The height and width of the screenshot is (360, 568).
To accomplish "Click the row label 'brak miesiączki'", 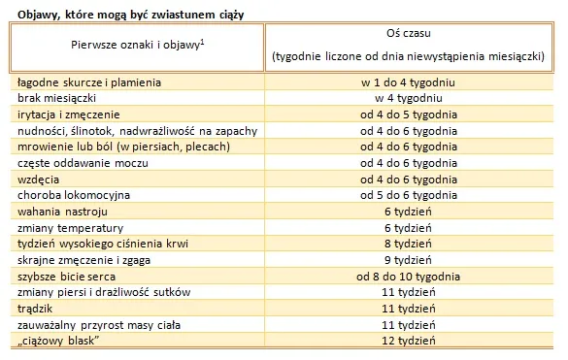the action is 58,98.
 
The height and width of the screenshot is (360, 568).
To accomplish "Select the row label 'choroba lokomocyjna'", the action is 74,194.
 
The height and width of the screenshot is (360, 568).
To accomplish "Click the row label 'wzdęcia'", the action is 40,179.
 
